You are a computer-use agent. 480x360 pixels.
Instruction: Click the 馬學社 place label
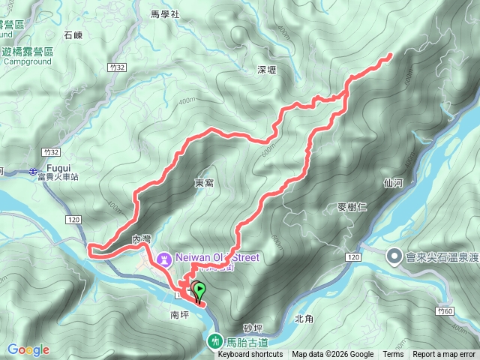[x=165, y=14]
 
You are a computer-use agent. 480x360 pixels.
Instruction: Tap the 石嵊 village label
[x=73, y=34]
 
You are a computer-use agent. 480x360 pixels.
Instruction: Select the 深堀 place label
[x=267, y=69]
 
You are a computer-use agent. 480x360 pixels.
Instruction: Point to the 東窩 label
[x=204, y=182]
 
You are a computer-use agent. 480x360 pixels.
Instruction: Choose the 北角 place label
[x=304, y=318]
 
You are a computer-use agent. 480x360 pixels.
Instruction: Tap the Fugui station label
[x=58, y=168]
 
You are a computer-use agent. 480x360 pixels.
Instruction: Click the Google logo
[x=28, y=349]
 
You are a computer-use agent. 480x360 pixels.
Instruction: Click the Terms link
[x=393, y=355]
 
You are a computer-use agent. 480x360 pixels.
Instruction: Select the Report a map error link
[x=445, y=355]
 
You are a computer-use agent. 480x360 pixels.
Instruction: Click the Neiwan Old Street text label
[x=217, y=257]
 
